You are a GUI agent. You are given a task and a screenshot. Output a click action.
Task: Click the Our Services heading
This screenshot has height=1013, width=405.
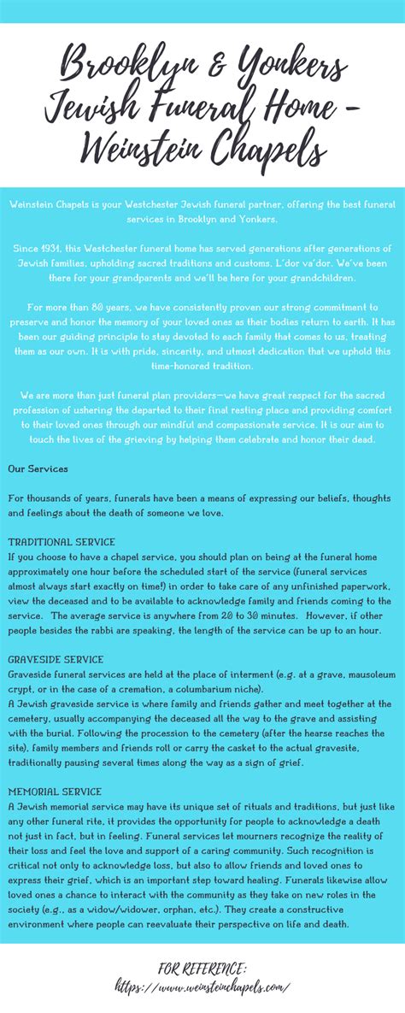coord(38,469)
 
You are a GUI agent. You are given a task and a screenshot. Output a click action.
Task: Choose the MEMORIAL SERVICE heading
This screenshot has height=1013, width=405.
coord(55,792)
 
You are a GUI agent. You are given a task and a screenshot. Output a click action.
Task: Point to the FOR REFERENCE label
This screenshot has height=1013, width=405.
coord(202,968)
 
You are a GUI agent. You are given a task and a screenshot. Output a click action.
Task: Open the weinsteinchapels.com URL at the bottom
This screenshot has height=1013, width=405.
coord(202,986)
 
